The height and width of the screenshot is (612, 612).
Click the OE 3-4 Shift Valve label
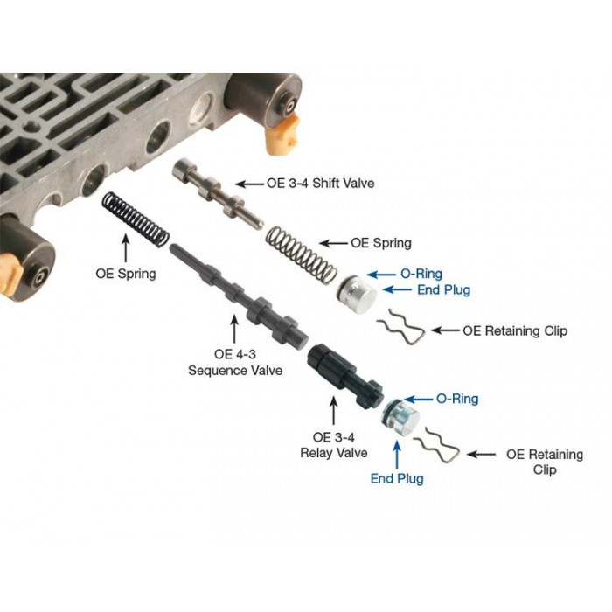(x=321, y=183)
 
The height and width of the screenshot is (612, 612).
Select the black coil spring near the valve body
(x=136, y=219)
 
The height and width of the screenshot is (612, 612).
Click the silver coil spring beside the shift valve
(x=302, y=256)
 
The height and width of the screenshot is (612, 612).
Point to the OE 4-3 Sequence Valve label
(x=235, y=362)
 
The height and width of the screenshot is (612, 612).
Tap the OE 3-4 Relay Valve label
(x=334, y=445)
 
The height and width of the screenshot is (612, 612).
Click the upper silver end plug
(x=357, y=294)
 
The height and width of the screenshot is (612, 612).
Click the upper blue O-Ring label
(x=421, y=274)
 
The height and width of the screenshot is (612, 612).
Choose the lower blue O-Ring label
(x=457, y=399)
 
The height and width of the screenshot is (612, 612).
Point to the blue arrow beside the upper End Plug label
(x=397, y=289)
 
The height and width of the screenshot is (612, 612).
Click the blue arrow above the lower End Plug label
(x=397, y=455)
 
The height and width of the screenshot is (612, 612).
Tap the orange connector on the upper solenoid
(x=282, y=135)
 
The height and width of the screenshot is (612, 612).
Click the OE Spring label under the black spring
(x=126, y=274)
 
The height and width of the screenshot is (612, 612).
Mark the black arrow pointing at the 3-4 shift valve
(x=249, y=184)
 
